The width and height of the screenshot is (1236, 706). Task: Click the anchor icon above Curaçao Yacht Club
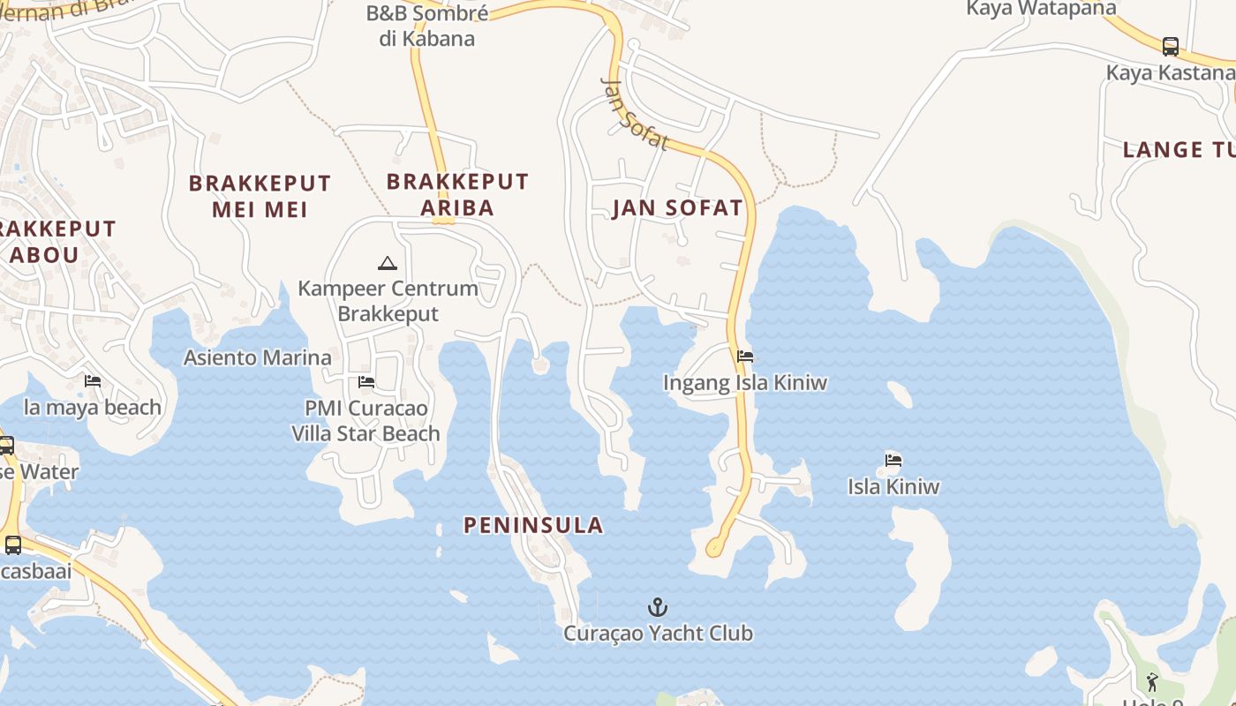point(657,607)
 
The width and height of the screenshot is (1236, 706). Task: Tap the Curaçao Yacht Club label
point(658,633)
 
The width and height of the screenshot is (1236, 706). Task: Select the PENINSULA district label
point(533,525)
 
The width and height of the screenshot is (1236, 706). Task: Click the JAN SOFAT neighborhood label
point(677,208)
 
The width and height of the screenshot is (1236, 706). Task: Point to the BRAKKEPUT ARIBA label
point(457,194)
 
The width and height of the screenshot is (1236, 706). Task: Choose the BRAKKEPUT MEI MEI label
point(260,196)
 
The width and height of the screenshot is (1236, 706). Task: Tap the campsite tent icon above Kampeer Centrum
point(387,263)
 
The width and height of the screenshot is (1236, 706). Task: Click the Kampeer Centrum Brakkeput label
point(388,301)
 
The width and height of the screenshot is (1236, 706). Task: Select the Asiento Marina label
point(257,357)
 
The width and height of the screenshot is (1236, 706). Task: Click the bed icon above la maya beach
point(93,381)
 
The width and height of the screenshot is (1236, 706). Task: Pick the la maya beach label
point(93,407)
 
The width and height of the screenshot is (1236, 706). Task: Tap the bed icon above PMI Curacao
point(366,382)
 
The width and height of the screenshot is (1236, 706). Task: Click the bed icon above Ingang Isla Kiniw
point(745,357)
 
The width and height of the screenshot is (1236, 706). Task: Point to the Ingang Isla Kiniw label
point(745,383)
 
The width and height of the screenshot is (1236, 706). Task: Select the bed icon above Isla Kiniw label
point(893,460)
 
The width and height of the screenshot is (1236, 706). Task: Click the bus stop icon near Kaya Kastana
point(1170,46)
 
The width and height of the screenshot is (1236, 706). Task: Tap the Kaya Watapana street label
point(1041,9)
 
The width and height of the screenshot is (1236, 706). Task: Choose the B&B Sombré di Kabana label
point(426,26)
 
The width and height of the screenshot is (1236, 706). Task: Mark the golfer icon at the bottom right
point(1152,681)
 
